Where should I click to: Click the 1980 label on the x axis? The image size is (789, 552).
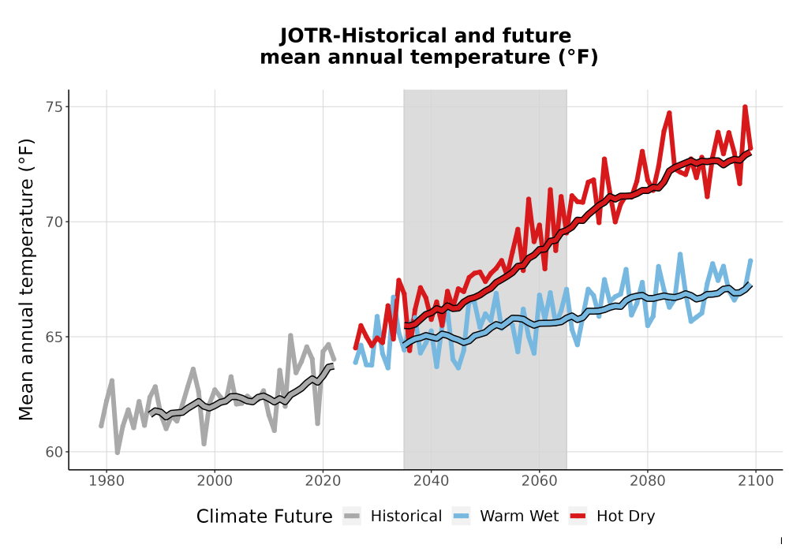click(x=107, y=481)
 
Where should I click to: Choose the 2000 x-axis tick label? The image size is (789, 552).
click(x=215, y=481)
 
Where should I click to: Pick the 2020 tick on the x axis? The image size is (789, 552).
click(x=323, y=481)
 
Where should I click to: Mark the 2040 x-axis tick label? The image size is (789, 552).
click(x=432, y=481)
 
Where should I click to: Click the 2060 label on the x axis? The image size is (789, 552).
click(x=540, y=481)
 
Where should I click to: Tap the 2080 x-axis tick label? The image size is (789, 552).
click(x=648, y=481)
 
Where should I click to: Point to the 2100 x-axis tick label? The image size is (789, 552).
click(x=756, y=481)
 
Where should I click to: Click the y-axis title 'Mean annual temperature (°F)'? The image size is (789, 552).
click(x=26, y=279)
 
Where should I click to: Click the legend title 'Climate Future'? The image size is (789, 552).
click(x=264, y=517)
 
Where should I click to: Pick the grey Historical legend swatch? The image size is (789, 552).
click(x=352, y=517)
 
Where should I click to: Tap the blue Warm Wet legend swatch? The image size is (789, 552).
click(x=461, y=517)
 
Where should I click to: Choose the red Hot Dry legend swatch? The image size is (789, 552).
click(x=578, y=517)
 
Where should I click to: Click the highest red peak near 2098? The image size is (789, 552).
click(x=746, y=107)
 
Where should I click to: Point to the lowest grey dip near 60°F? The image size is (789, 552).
click(x=118, y=452)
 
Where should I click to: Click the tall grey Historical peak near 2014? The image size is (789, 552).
click(x=291, y=335)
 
